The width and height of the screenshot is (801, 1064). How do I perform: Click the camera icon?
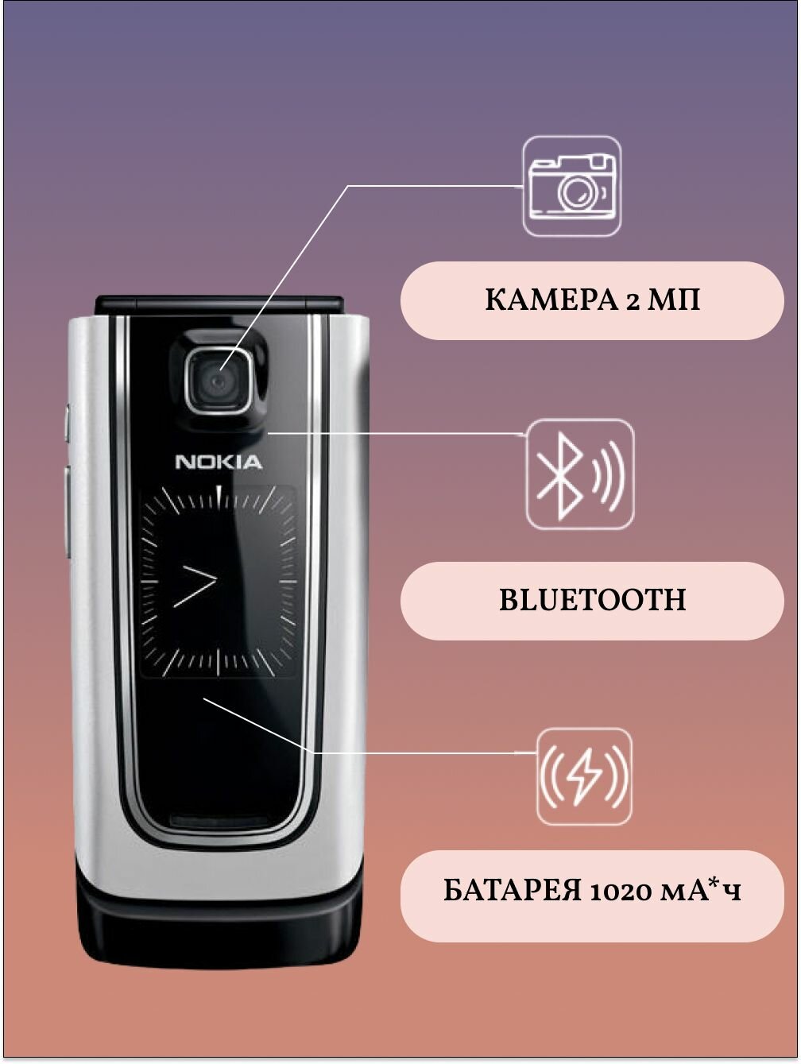point(572,187)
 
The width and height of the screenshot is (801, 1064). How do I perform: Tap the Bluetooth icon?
point(580,474)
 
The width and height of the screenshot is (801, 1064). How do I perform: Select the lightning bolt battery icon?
point(585,776)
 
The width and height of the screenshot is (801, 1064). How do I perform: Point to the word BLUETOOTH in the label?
point(592,600)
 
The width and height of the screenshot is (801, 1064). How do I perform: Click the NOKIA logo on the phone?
point(218,462)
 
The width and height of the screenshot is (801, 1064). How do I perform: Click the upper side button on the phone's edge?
point(68,423)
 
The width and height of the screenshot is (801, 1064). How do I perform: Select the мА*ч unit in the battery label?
point(699,891)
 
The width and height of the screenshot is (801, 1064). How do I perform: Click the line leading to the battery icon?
point(413,752)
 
